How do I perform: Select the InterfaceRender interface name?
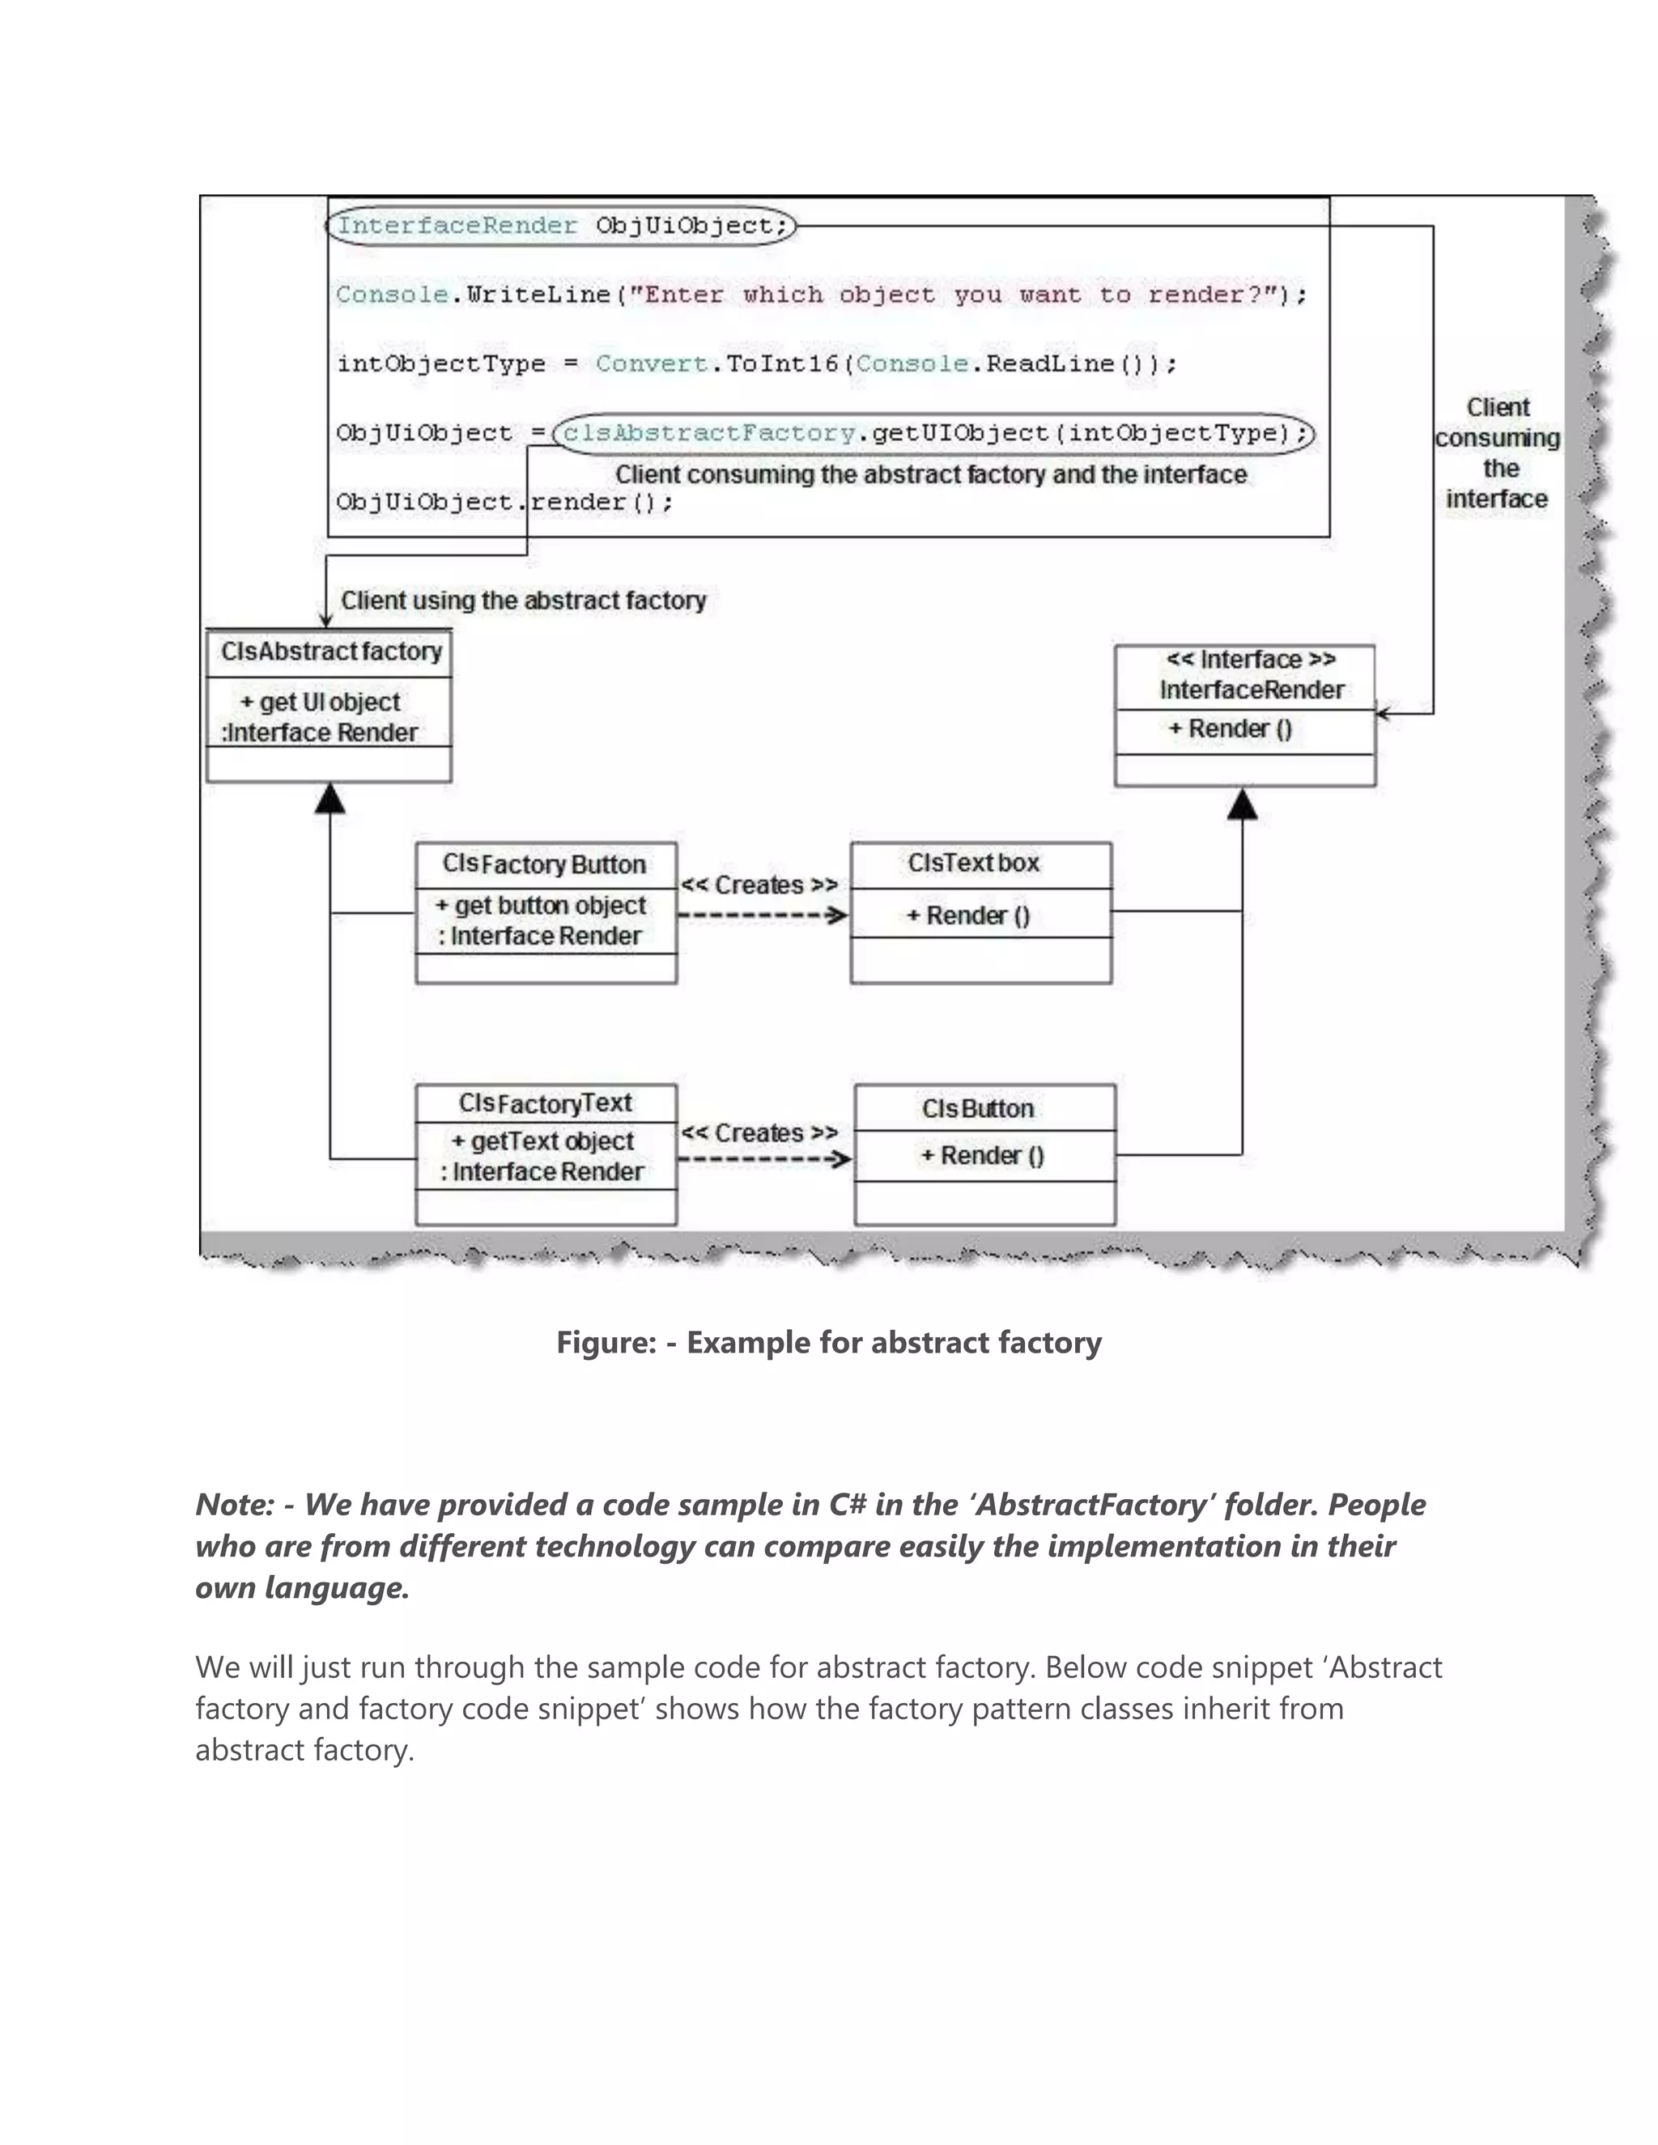[1252, 690]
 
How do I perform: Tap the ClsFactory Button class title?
[544, 864]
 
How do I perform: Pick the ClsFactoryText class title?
[545, 1103]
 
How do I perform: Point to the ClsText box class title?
[973, 864]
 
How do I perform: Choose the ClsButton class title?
[977, 1108]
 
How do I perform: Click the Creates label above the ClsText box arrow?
[759, 885]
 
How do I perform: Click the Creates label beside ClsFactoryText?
[759, 1132]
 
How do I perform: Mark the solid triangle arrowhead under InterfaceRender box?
[1243, 805]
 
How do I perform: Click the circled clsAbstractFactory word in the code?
[709, 433]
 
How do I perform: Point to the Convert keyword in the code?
[651, 363]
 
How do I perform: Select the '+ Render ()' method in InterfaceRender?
[1230, 728]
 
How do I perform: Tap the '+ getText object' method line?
[542, 1141]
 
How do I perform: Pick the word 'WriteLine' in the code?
[538, 295]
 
